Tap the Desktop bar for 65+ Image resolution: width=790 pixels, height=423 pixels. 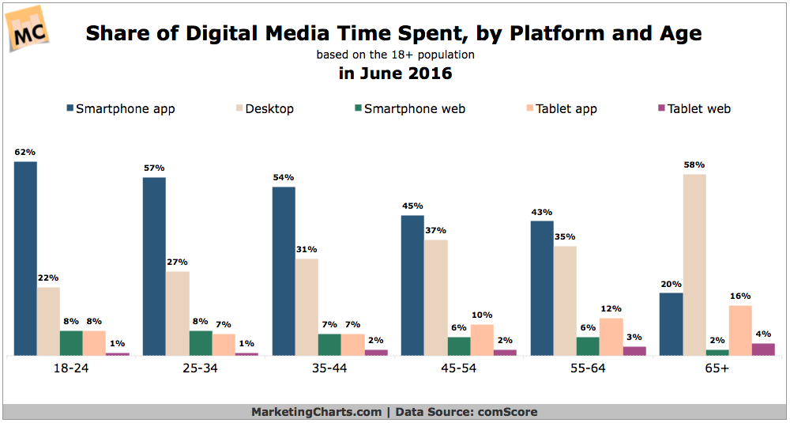tap(694, 265)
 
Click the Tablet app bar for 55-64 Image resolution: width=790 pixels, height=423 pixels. tap(611, 337)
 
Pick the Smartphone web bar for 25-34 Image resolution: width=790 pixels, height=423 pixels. tap(201, 343)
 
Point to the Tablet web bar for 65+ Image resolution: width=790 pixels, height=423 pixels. tap(763, 349)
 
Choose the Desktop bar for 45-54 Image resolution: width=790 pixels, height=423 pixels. tap(435, 297)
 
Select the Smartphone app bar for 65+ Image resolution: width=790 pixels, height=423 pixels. tap(671, 324)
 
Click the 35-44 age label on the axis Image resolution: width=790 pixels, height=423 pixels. tap(330, 368)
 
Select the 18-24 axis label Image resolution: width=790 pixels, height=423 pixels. tap(71, 368)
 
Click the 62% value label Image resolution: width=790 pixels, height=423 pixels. tap(25, 152)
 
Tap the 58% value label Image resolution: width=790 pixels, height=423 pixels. tap(694, 164)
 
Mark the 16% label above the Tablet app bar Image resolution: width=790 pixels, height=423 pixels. tap(740, 296)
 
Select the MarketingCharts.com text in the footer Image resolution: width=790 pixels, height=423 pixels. tap(316, 412)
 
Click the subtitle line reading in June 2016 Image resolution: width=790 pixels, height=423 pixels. tap(395, 74)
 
